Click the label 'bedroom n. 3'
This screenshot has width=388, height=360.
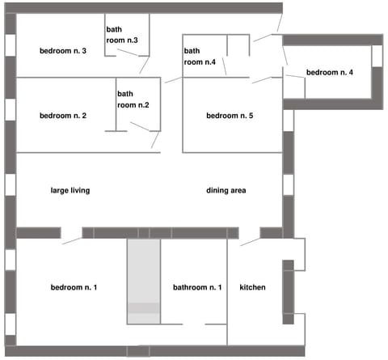tap(62, 52)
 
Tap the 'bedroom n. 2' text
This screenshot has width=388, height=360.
tap(62, 116)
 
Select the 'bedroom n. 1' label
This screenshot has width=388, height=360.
tap(74, 287)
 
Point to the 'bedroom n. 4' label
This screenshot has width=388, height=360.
tap(330, 73)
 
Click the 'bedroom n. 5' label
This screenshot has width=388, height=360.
tap(230, 116)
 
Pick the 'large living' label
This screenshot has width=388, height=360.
tap(70, 191)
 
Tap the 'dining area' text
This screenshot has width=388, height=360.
tap(226, 191)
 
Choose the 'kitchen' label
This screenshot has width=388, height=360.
tap(252, 287)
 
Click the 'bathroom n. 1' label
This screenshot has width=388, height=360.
tap(197, 287)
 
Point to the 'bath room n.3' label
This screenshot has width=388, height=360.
tap(122, 35)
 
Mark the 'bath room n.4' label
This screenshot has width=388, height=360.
tap(199, 56)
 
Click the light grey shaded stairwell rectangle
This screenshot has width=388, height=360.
tap(144, 279)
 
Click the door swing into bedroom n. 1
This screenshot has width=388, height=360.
tap(72, 236)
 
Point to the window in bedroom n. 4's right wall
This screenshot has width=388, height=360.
tap(376, 57)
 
